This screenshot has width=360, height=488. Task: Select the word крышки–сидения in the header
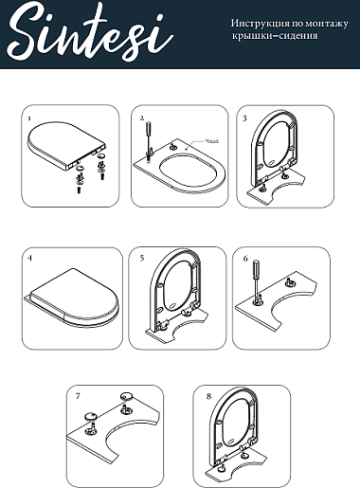pyautogui.click(x=275, y=36)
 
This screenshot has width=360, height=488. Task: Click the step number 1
pyautogui.click(x=29, y=118)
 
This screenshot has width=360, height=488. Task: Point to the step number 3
pyautogui.click(x=244, y=118)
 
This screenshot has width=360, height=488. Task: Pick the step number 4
pyautogui.click(x=30, y=258)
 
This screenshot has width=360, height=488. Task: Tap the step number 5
pyautogui.click(x=142, y=258)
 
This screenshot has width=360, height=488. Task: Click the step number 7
pyautogui.click(x=78, y=396)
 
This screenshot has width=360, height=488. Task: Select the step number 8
pyautogui.click(x=208, y=396)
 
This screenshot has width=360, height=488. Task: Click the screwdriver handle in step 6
pyautogui.click(x=256, y=268)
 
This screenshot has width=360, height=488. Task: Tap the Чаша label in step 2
pyautogui.click(x=211, y=141)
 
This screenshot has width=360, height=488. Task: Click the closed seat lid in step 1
pyautogui.click(x=67, y=141)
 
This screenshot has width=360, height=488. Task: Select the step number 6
pyautogui.click(x=245, y=259)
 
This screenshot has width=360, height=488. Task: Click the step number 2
pyautogui.click(x=142, y=118)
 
